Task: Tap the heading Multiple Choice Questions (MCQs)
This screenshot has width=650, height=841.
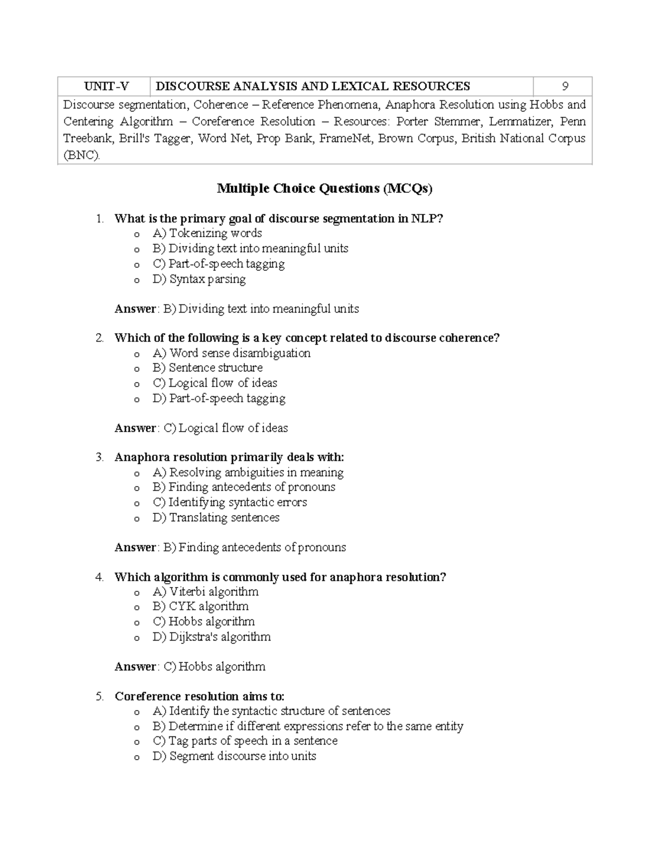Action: [324, 188]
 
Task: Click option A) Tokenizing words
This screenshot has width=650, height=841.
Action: [207, 233]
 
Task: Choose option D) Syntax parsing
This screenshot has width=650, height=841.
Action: [199, 279]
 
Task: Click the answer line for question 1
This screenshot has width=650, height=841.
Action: [237, 309]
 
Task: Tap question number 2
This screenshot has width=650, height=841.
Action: [99, 338]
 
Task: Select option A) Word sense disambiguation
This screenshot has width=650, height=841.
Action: [231, 353]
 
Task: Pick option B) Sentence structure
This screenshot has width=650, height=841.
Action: [207, 368]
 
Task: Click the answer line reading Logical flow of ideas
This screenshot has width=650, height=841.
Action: [201, 428]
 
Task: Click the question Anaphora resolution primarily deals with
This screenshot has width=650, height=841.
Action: [229, 458]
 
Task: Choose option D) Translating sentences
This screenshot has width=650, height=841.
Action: [216, 518]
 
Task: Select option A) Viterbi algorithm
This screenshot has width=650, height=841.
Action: [205, 592]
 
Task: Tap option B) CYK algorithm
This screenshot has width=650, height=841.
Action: [200, 607]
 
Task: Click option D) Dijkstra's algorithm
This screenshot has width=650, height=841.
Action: [211, 637]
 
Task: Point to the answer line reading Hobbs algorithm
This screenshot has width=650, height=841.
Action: [190, 667]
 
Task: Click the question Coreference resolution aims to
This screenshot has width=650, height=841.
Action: [199, 696]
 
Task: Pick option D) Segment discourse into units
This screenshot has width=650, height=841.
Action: [234, 756]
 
